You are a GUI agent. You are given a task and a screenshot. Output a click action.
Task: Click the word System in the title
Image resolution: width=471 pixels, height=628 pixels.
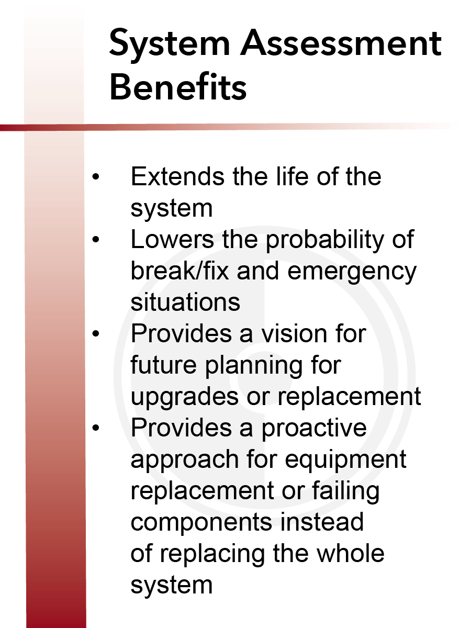(x=170, y=44)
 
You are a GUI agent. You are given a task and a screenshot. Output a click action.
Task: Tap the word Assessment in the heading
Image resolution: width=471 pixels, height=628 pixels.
(x=341, y=43)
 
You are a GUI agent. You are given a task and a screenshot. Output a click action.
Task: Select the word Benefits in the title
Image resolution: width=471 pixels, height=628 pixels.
(x=178, y=86)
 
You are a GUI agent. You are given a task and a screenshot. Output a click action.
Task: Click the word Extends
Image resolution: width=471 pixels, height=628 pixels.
(x=177, y=176)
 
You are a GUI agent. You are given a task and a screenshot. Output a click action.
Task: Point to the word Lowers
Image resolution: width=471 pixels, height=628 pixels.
(x=172, y=239)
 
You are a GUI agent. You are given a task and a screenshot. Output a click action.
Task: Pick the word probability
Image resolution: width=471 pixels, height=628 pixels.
(x=325, y=242)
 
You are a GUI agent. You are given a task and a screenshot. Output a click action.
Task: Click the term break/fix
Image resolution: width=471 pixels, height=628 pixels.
(x=180, y=271)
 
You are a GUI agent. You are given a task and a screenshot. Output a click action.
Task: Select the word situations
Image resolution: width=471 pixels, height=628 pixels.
(x=185, y=302)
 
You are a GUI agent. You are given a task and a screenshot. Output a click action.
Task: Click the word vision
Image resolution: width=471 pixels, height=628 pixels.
(x=294, y=333)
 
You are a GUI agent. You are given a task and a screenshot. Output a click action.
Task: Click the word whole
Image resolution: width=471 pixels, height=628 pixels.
(x=350, y=553)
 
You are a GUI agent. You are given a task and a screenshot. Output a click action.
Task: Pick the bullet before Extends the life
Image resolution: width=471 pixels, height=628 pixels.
(x=96, y=176)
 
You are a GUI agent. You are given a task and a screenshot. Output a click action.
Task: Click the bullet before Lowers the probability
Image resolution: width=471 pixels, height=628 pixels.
(x=96, y=239)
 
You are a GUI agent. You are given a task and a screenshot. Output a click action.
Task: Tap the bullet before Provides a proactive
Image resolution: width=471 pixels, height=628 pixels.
(x=96, y=428)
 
